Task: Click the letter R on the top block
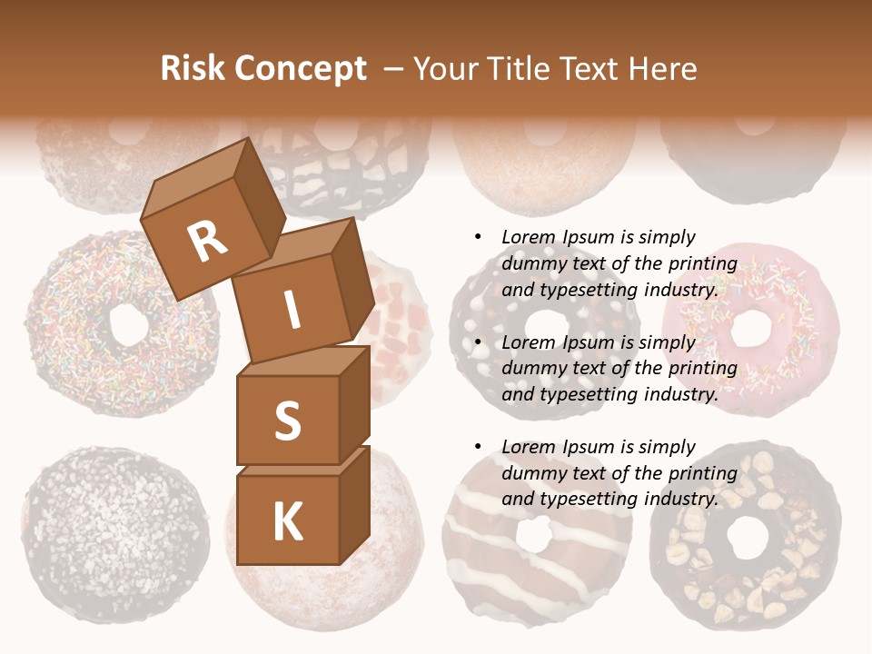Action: pyautogui.click(x=208, y=241)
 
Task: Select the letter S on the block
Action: pyautogui.click(x=287, y=421)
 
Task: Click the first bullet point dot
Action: pyautogui.click(x=479, y=237)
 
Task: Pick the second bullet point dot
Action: pyautogui.click(x=479, y=342)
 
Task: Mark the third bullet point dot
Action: pyautogui.click(x=479, y=447)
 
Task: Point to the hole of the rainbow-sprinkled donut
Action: pyautogui.click(x=126, y=322)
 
